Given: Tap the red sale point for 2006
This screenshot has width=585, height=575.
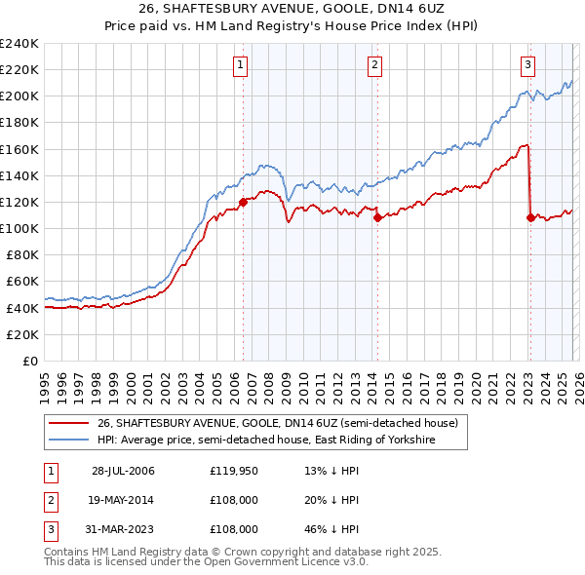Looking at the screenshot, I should click(x=243, y=202).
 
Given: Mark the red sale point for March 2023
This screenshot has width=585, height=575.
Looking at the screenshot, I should click(x=530, y=217).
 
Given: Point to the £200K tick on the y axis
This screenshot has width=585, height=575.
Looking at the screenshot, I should click(x=19, y=96).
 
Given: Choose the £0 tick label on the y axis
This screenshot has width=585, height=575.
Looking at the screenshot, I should click(x=30, y=361).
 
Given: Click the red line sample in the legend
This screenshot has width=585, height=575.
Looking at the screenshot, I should click(x=69, y=423).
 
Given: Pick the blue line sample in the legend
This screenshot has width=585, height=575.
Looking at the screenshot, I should click(x=69, y=440).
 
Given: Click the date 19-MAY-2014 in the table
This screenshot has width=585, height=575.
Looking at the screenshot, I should click(x=123, y=500).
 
